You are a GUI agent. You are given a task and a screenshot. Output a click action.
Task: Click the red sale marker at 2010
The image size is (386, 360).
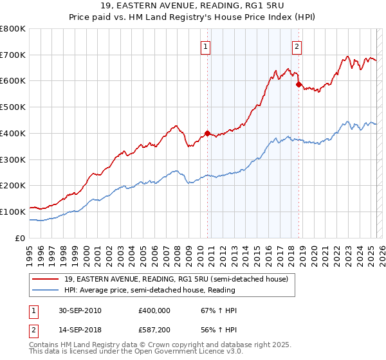[207, 133]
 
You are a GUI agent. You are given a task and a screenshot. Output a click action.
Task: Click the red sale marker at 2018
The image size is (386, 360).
[299, 84]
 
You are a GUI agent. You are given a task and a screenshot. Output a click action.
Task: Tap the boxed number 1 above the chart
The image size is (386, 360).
[205, 46]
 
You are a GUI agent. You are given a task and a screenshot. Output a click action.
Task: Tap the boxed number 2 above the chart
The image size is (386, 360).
[297, 46]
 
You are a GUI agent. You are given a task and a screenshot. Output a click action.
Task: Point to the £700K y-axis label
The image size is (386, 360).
[12, 55]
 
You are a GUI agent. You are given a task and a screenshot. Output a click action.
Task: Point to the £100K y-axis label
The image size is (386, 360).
[12, 212]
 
